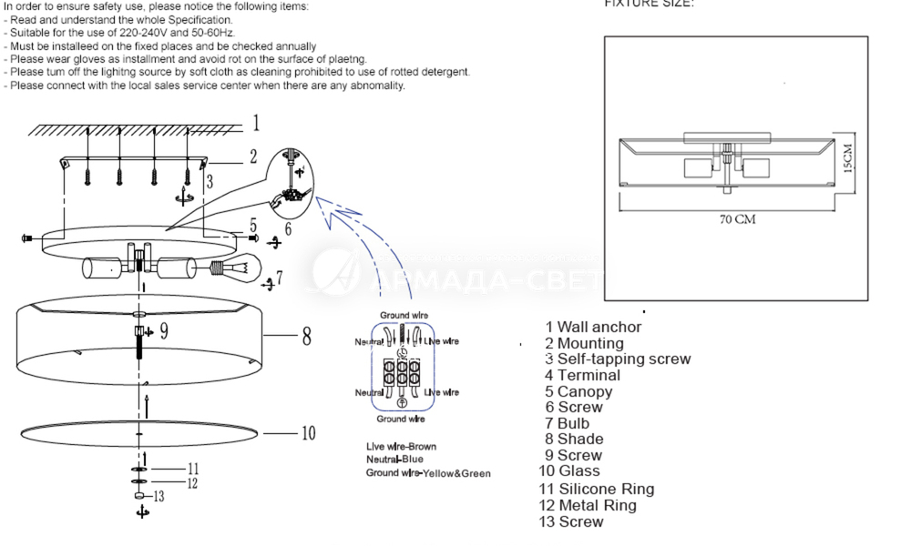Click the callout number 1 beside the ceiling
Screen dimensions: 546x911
click(x=256, y=123)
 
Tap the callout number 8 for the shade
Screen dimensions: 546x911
click(x=307, y=337)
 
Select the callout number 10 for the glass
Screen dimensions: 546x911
click(x=308, y=433)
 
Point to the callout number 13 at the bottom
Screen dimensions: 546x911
click(x=159, y=496)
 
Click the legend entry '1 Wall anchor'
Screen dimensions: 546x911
click(x=593, y=327)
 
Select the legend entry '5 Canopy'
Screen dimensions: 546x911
click(x=578, y=391)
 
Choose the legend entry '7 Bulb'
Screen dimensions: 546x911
click(x=567, y=423)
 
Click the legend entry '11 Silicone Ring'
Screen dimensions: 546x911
click(x=596, y=489)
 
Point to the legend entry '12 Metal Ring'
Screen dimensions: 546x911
click(x=588, y=505)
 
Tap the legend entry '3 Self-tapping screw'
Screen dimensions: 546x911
click(x=618, y=359)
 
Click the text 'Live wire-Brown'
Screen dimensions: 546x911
click(x=401, y=447)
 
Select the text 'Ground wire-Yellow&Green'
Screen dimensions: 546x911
click(x=428, y=473)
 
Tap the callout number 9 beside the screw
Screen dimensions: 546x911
click(x=163, y=330)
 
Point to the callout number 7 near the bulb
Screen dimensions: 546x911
click(x=279, y=277)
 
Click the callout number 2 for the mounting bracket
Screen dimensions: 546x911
click(x=253, y=157)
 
